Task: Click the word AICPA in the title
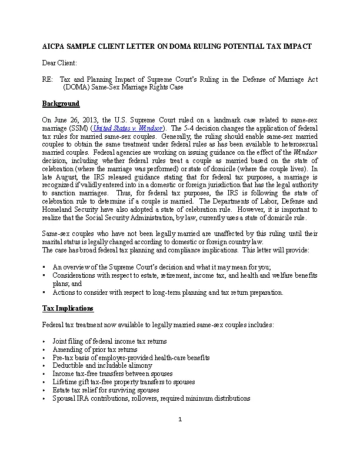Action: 54,46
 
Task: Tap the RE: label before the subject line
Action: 48,79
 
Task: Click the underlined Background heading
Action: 61,104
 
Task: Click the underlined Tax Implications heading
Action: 68,308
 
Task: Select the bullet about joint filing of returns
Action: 109,341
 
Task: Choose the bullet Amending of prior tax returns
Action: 95,349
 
